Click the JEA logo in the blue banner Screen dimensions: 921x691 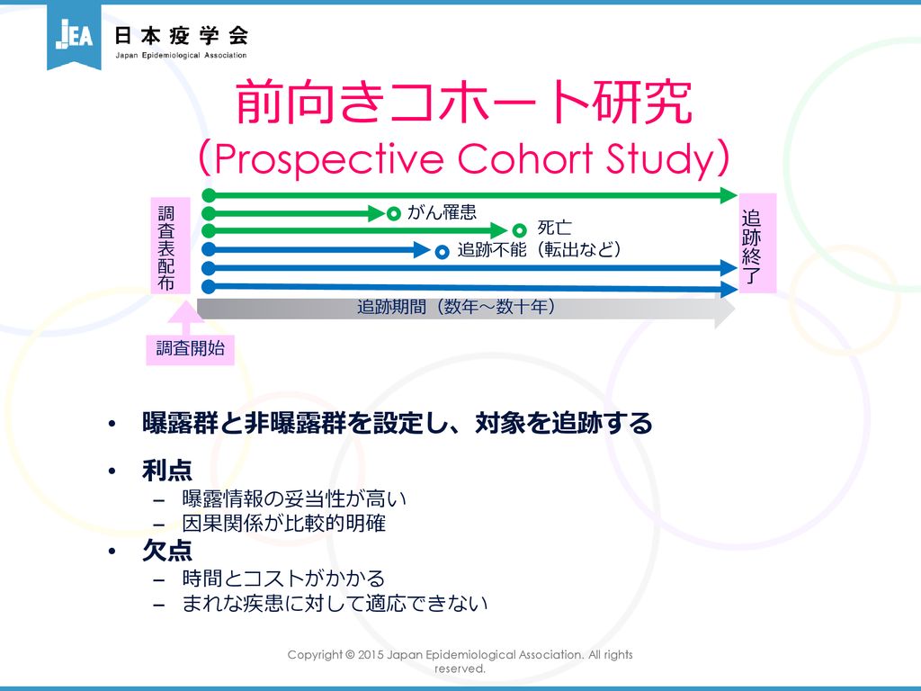(74, 35)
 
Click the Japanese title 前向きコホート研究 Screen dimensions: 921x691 (463, 103)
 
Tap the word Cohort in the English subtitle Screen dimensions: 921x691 (525, 158)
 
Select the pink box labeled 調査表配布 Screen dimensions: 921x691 (170, 246)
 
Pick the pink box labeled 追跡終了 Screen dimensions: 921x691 (757, 243)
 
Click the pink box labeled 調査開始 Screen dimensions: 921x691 (191, 348)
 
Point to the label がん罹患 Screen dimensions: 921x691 (442, 211)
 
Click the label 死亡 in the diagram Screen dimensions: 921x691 (554, 228)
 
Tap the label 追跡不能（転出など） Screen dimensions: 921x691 (540, 250)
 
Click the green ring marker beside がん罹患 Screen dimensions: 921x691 (394, 213)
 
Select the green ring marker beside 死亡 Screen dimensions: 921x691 (519, 230)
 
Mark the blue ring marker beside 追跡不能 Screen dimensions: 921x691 (442, 252)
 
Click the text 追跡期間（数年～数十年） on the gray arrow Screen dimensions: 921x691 (456, 307)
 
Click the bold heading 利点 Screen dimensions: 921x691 (167, 470)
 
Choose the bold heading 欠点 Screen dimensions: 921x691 (167, 551)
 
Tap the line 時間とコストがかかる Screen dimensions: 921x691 (283, 579)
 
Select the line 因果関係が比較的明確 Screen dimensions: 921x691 (283, 523)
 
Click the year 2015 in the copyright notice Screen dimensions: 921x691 (371, 655)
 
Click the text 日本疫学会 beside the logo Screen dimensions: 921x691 (181, 36)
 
